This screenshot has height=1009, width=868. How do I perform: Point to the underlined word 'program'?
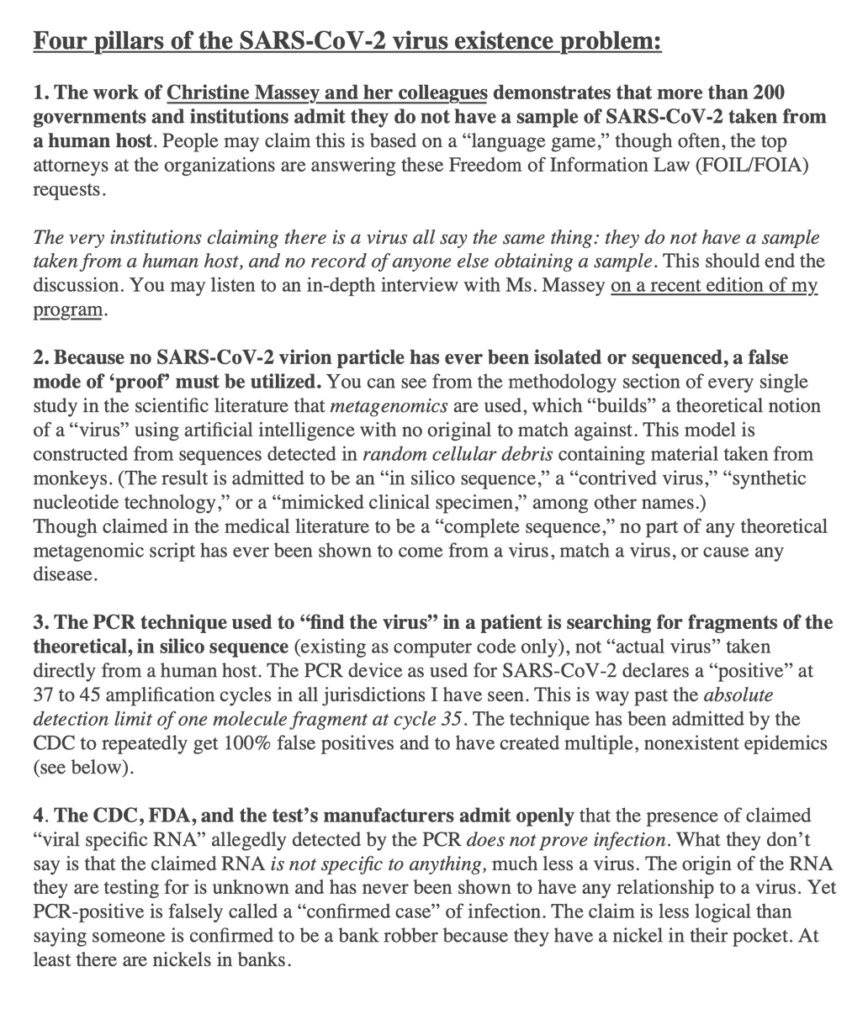point(68,309)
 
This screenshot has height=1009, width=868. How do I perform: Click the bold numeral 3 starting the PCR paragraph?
point(39,623)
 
